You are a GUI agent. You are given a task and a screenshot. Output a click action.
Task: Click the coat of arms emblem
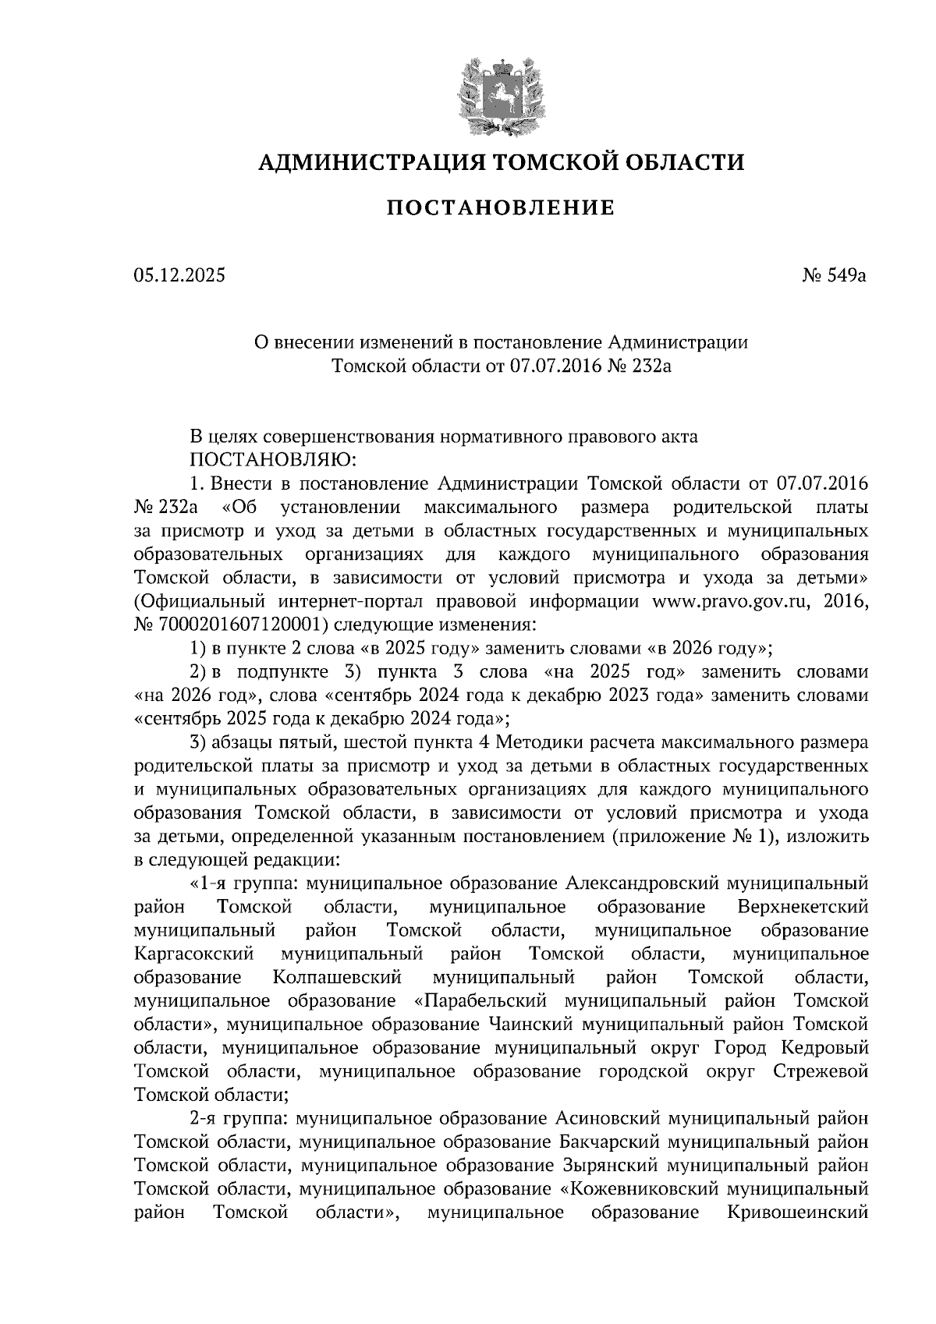(x=500, y=91)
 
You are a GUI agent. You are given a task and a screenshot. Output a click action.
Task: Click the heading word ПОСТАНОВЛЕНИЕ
(x=501, y=208)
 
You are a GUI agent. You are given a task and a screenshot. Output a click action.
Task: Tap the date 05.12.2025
(x=179, y=275)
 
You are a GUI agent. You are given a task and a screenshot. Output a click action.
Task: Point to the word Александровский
(x=641, y=883)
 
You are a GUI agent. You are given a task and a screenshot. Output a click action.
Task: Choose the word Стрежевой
(x=821, y=1071)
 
